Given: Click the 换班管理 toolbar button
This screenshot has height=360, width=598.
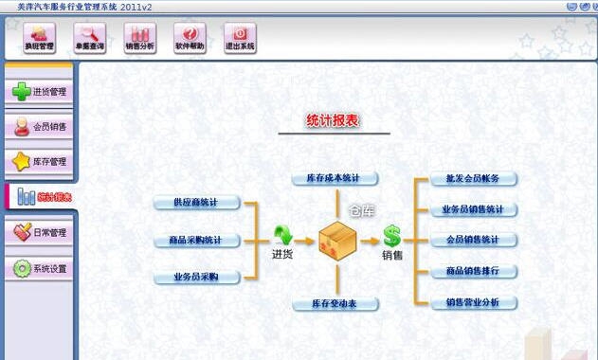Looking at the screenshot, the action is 40,38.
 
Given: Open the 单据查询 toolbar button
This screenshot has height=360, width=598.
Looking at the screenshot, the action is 90,38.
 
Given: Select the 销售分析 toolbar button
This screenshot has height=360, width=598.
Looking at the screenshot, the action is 140,38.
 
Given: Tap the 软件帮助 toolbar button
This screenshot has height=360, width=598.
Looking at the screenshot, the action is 190,38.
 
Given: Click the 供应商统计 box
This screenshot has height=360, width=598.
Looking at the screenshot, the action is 197,203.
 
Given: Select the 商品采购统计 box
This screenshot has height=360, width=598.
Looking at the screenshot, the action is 197,240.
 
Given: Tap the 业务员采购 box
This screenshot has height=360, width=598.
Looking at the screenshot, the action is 197,277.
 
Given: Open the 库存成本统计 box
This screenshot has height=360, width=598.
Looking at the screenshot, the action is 335,178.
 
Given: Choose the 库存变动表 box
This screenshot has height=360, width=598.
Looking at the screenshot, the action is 335,304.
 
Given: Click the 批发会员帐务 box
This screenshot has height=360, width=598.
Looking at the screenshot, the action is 466,178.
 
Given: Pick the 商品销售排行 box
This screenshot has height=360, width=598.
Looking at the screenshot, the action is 466,271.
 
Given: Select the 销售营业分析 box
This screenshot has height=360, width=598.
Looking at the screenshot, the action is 466,302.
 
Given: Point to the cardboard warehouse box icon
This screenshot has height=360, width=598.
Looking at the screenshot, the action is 336,240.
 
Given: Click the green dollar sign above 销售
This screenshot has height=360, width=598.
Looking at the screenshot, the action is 391,235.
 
